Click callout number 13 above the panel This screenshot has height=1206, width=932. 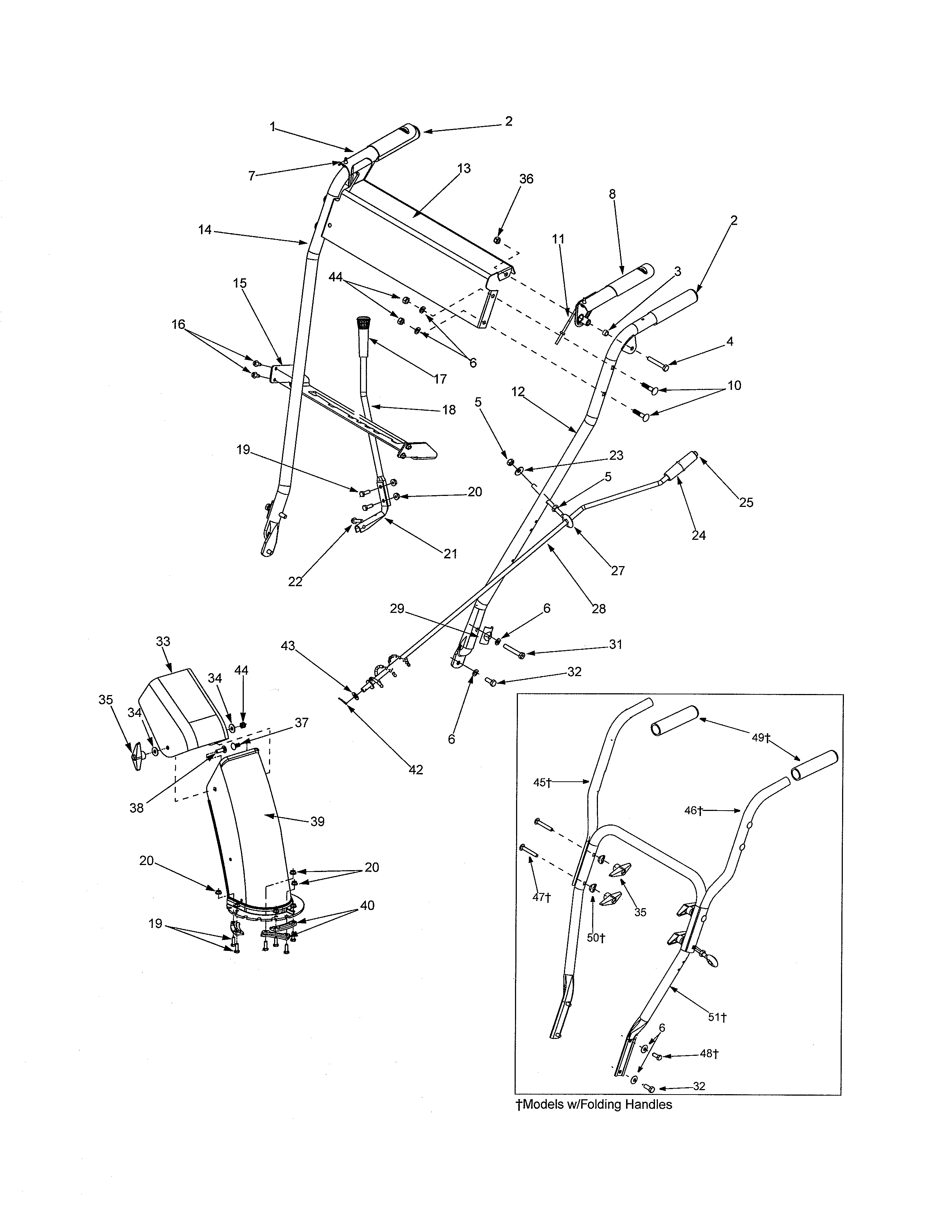(x=464, y=168)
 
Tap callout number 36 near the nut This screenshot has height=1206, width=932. (x=526, y=179)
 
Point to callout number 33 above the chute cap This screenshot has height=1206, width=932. (x=163, y=642)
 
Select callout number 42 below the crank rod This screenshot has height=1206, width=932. (x=416, y=770)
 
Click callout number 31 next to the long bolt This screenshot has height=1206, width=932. (x=615, y=644)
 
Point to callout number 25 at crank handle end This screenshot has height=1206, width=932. (x=746, y=503)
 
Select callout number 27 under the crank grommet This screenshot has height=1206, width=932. (x=617, y=570)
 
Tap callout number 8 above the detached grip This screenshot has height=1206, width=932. (x=612, y=194)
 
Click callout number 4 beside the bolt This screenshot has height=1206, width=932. (x=730, y=342)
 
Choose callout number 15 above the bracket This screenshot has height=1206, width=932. (x=240, y=283)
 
